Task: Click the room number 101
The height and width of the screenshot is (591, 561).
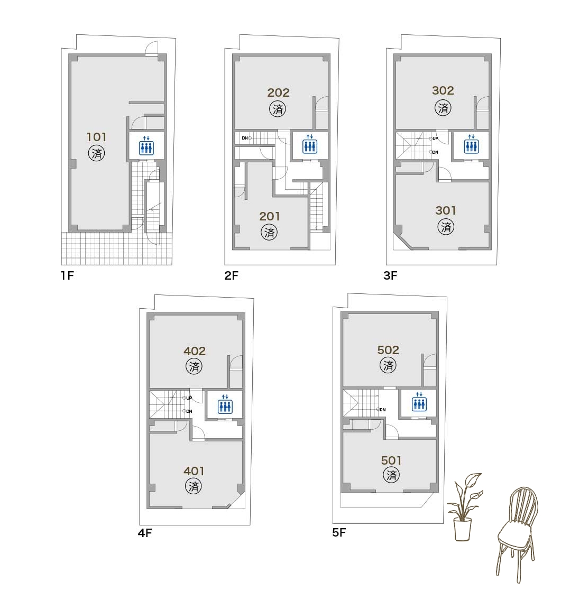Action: [97, 137]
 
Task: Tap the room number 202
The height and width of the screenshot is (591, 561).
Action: [278, 93]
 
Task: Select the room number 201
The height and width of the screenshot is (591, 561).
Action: [269, 216]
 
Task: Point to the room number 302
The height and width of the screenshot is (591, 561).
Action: [443, 90]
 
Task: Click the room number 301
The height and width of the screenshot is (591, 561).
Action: [446, 210]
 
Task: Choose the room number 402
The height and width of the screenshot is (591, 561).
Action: [195, 351]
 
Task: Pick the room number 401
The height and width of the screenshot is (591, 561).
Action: [194, 471]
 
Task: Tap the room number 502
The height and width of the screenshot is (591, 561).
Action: [388, 350]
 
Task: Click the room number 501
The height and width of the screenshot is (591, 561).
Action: [391, 460]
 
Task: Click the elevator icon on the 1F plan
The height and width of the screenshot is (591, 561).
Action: [146, 145]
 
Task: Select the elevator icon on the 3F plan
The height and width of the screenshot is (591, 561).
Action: [471, 144]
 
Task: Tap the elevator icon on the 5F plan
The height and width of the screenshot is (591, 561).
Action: [419, 402]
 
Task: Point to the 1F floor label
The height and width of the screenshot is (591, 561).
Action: [68, 276]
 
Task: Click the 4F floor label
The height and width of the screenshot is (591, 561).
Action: [145, 533]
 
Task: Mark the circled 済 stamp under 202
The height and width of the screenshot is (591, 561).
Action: [278, 109]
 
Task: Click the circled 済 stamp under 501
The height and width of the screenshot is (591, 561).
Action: [391, 475]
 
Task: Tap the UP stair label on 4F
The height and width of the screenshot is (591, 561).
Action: [189, 398]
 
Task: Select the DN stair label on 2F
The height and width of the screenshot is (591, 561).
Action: [245, 138]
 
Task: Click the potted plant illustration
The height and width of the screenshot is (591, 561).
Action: [464, 507]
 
